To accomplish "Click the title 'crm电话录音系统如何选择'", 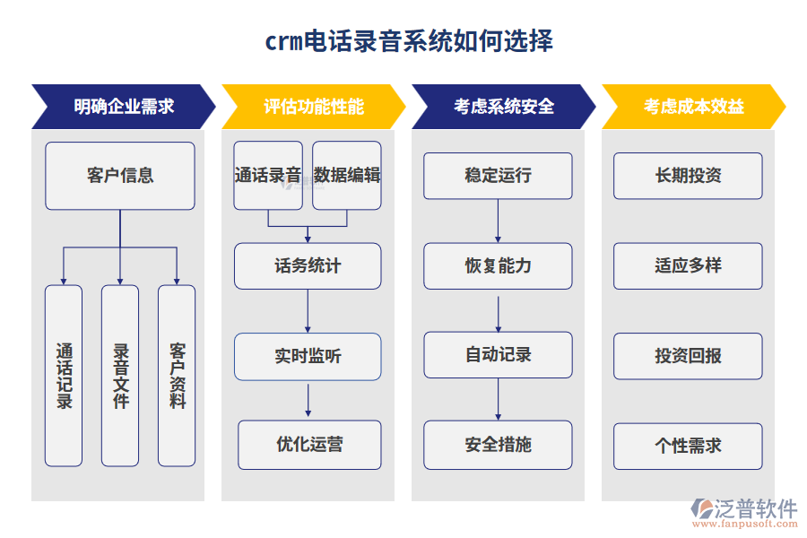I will (408, 41).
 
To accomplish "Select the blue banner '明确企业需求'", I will (123, 107).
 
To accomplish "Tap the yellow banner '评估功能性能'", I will (313, 107).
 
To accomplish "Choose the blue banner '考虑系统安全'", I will (503, 107).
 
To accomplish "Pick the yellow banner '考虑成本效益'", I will (693, 107).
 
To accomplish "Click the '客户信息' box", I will (120, 176).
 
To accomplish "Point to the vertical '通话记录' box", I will (64, 376).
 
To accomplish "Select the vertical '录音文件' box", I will (120, 376).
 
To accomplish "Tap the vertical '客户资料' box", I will (177, 376).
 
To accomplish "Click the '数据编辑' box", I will (347, 176).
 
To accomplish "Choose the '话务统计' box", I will (308, 266).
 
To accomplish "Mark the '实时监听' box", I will (308, 356).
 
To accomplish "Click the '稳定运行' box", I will (498, 176).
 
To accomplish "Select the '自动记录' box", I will (498, 355).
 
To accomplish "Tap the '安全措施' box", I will (498, 445).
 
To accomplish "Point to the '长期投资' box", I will (688, 176).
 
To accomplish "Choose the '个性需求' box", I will (688, 446).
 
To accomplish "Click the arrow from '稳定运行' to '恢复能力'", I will (499, 221).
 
